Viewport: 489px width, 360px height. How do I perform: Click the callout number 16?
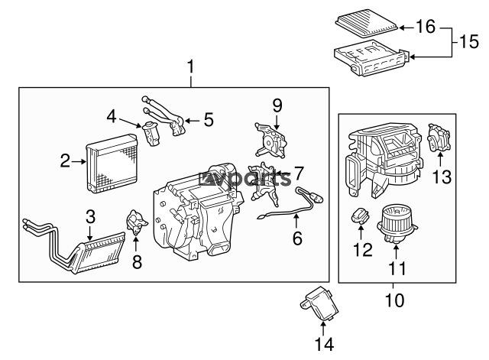tap(426, 27)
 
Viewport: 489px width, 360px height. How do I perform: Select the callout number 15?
tap(469, 41)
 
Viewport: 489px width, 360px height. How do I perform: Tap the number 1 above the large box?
tap(190, 67)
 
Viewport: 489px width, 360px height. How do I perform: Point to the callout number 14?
tap(324, 345)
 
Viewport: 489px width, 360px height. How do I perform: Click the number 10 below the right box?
tap(394, 300)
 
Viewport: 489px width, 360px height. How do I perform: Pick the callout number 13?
tap(442, 177)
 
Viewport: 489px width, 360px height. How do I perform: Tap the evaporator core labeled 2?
tap(112, 164)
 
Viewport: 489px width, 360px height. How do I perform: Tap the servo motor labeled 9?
tap(270, 139)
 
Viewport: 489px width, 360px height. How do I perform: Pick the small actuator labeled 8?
tap(137, 222)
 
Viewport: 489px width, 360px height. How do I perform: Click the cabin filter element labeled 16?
tap(367, 24)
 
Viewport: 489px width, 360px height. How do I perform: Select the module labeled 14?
tap(319, 304)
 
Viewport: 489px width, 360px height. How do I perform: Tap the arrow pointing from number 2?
tap(78, 161)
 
